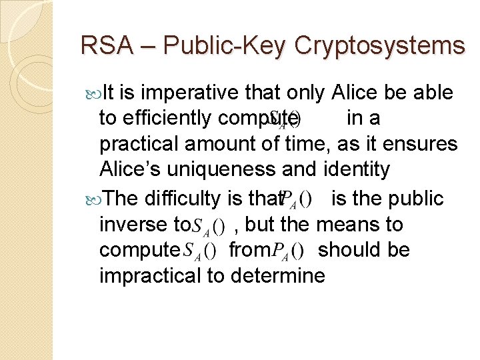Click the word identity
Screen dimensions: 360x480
tap(356, 169)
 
